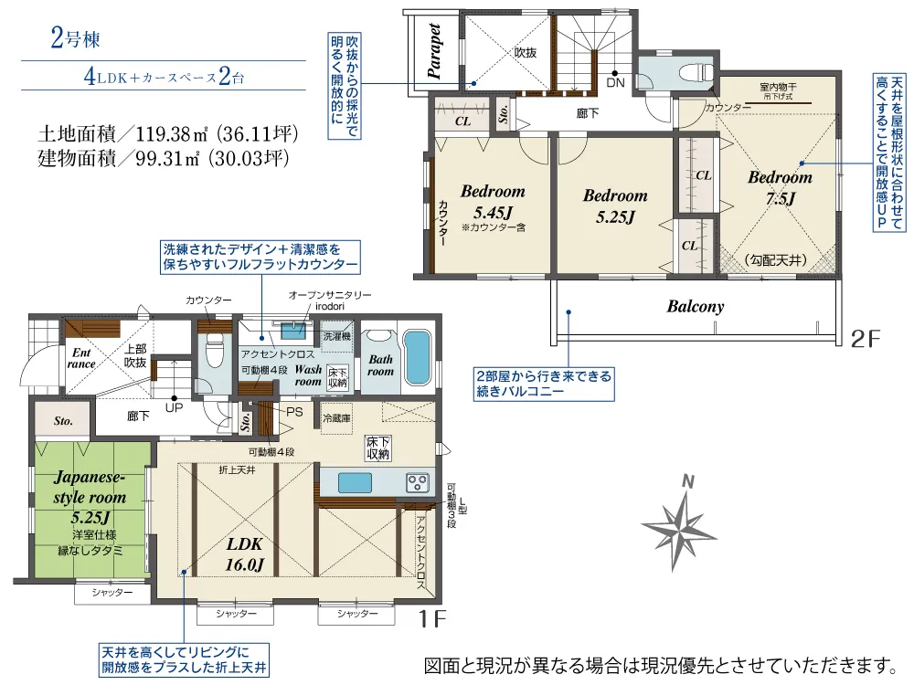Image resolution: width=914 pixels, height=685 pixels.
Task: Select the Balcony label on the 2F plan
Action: [695, 307]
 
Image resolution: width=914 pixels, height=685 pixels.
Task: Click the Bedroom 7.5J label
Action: [780, 187]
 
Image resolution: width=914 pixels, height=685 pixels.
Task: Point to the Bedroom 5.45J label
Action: [493, 202]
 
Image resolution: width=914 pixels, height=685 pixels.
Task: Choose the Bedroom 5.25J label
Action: [615, 205]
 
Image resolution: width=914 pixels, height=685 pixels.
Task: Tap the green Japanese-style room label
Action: [90, 499]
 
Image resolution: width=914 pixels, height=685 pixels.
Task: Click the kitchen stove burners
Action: [418, 481]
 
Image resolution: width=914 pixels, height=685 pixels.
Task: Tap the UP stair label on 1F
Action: [174, 407]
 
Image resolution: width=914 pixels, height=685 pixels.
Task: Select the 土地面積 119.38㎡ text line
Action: [168, 132]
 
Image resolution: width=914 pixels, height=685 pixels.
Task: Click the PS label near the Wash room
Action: [294, 411]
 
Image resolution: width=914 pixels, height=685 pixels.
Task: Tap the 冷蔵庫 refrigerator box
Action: [336, 418]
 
